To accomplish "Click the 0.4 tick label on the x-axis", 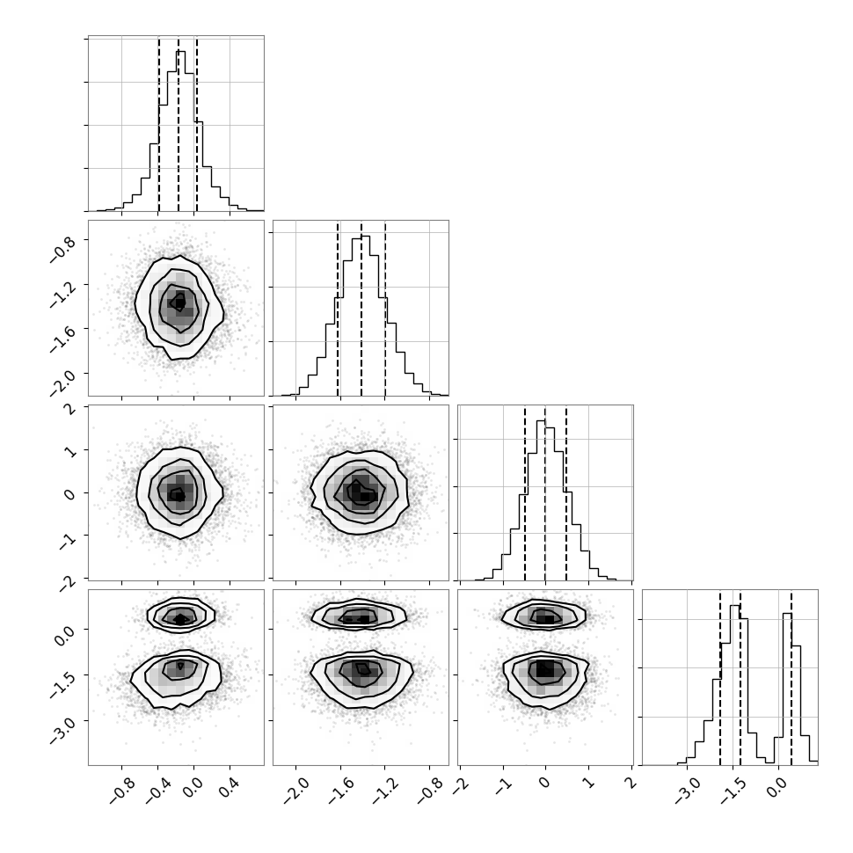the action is coord(228,787).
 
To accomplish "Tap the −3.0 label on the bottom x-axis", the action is coord(687,790).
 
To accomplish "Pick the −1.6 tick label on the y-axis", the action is coord(63,338).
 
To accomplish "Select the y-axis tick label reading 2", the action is coord(70,410).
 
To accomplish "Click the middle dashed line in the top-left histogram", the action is coord(179,124).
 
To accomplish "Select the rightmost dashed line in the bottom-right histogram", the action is coord(791,678).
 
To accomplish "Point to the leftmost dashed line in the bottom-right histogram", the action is coord(719,678).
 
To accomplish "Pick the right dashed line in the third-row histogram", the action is coord(566,494).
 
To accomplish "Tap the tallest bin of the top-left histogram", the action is coord(180,130).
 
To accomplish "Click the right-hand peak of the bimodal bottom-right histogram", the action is coord(787,688).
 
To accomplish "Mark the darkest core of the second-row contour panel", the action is coord(179,301).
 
